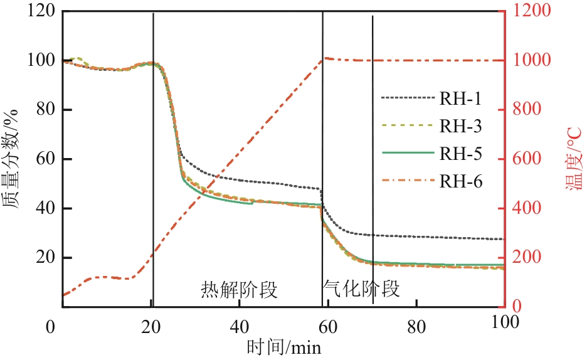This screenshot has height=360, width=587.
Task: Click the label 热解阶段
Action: (239, 289)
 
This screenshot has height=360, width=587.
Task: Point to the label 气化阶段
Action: (361, 289)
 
